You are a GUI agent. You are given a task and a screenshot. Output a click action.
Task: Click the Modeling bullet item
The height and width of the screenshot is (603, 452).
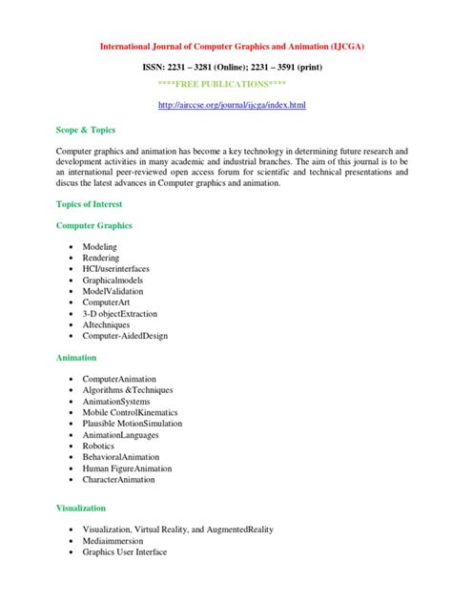(x=100, y=246)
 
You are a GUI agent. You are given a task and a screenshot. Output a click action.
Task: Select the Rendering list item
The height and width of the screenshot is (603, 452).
(x=101, y=258)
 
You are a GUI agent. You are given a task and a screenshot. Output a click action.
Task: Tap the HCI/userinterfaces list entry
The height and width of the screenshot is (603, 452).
(x=115, y=269)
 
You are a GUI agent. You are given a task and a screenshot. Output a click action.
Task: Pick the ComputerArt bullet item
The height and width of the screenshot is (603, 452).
(x=107, y=302)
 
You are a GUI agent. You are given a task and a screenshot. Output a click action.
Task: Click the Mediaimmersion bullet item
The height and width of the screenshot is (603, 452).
(x=113, y=540)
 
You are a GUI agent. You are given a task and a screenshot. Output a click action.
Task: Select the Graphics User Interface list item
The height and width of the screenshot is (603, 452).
(x=125, y=551)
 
